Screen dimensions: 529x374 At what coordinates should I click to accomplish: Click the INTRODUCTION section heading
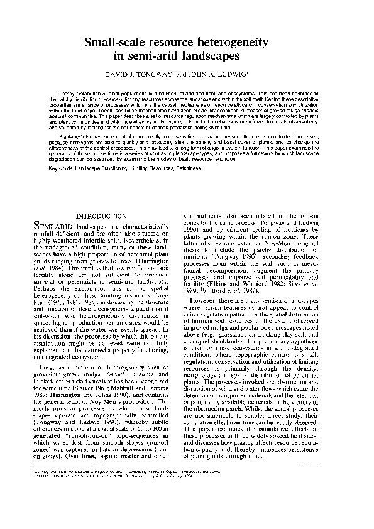(101, 216)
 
